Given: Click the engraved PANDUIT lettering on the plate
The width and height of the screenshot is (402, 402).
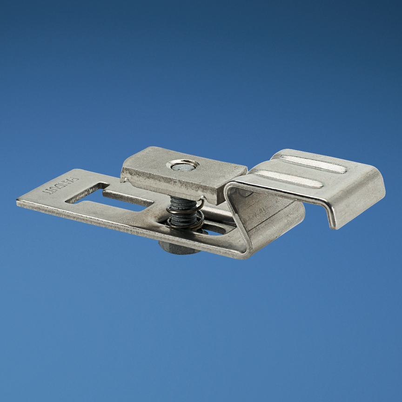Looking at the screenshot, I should click(x=61, y=185).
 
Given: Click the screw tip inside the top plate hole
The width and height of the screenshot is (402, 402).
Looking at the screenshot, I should click(x=184, y=165).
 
